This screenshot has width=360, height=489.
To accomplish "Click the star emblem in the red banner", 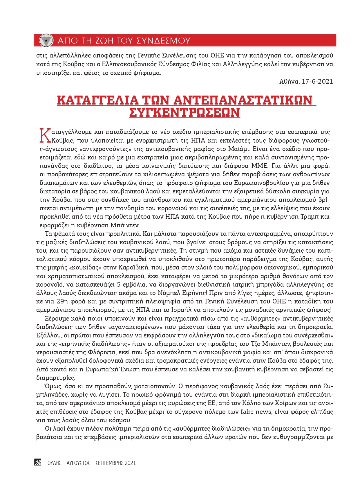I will click(x=46, y=40).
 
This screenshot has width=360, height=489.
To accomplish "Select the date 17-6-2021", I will click(x=317, y=81).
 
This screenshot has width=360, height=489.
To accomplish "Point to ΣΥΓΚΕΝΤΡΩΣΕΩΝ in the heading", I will click(x=184, y=112).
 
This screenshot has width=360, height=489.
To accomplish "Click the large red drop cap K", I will click(x=45, y=136).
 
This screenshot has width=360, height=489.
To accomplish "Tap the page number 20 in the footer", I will click(x=38, y=463).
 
